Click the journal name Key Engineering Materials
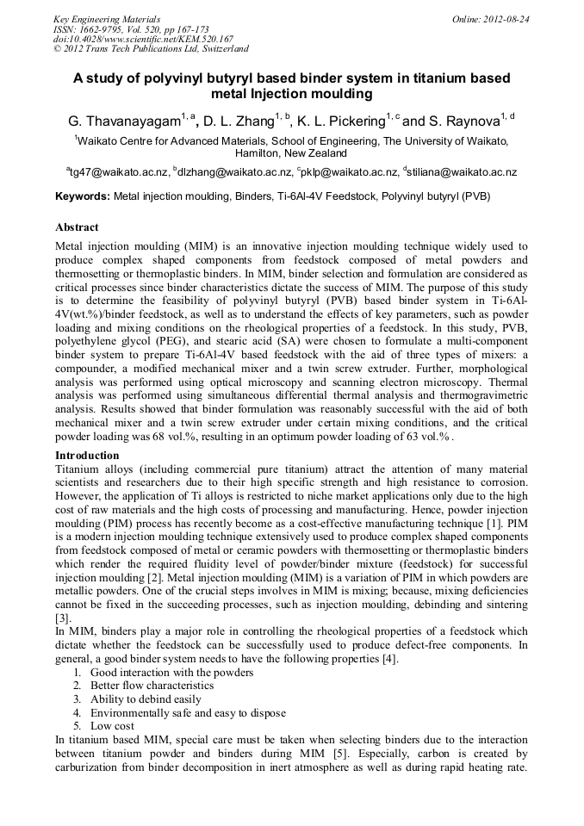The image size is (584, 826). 107,18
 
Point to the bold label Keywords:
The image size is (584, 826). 83,196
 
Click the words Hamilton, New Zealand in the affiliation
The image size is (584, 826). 292,152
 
